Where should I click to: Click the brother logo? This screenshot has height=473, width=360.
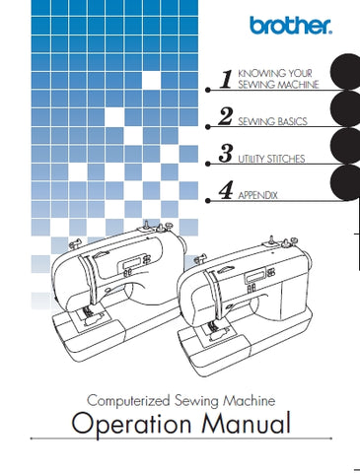[296, 22]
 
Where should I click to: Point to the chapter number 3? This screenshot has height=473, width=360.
[226, 155]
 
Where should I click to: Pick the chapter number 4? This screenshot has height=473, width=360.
[226, 192]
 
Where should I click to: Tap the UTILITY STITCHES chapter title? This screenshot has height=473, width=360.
[276, 159]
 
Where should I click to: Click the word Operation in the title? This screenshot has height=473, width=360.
[117, 427]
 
